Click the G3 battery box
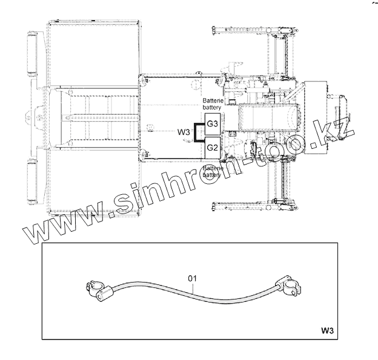point(213,124)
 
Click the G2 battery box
point(213,148)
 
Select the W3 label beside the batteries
point(184,132)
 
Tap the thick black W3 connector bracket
point(194,133)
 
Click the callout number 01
point(192,278)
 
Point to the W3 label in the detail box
point(327,330)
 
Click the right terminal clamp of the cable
point(288,286)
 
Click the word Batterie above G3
point(213,100)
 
